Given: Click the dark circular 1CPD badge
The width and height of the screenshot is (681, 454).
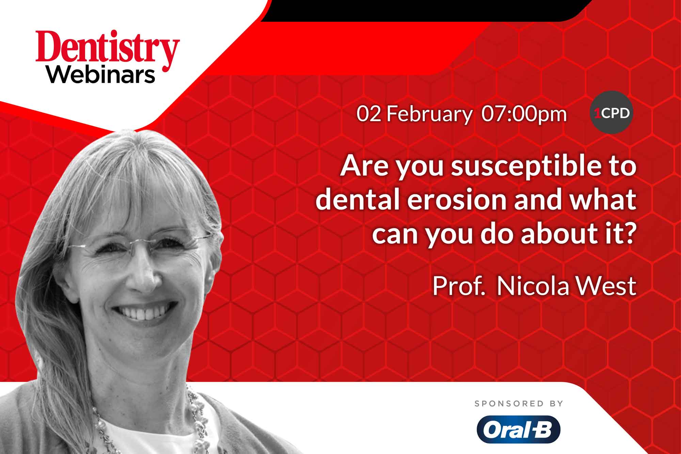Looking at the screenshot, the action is pos(612,113).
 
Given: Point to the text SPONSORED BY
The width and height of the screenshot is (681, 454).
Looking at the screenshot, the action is pos(519,404).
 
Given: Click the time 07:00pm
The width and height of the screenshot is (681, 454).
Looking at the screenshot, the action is pos(524,114).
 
